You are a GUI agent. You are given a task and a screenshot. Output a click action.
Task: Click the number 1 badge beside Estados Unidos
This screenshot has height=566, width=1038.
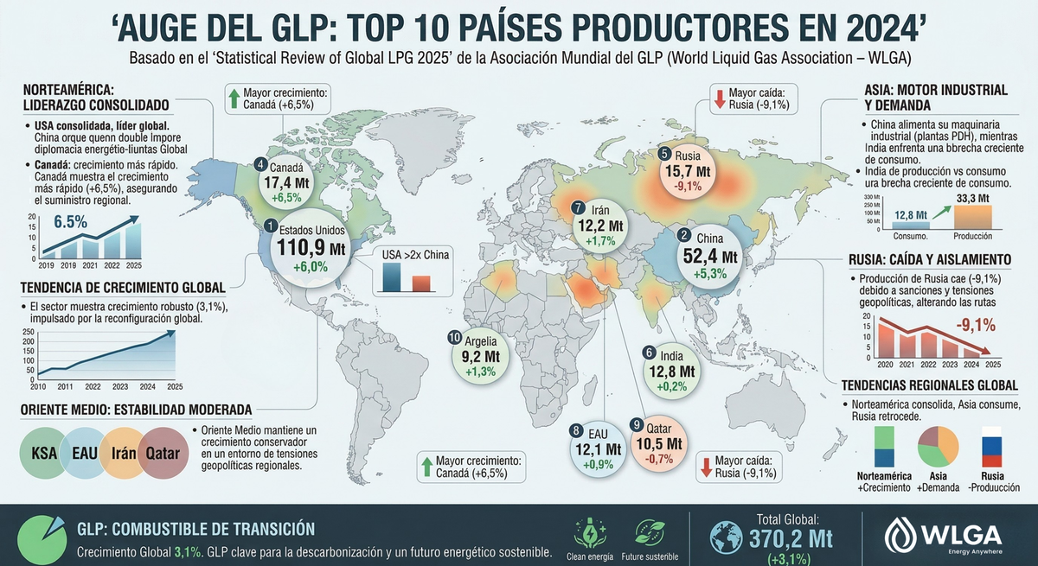[272, 226]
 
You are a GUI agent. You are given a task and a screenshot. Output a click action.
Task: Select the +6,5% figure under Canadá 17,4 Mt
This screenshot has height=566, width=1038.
[287, 198]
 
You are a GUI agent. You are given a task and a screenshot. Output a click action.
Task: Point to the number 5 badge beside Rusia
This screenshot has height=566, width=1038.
[664, 154]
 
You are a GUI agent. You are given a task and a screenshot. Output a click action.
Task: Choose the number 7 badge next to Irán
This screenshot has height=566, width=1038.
[579, 207]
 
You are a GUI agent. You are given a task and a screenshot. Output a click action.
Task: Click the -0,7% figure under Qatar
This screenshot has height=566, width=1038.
[662, 460]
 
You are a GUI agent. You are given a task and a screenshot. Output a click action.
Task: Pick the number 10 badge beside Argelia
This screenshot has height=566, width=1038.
[455, 337]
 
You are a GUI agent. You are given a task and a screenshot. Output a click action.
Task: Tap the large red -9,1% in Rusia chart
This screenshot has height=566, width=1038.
[976, 326]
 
